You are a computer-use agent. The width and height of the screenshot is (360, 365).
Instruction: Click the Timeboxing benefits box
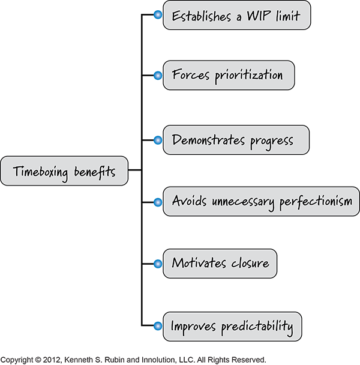(64, 172)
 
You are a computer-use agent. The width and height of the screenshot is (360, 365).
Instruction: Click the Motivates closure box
(220, 264)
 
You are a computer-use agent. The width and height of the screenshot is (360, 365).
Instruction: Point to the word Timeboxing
(44, 172)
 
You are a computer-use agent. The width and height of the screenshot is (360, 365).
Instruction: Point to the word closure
(247, 264)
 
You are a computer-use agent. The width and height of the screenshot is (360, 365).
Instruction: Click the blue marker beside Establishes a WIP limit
(157, 15)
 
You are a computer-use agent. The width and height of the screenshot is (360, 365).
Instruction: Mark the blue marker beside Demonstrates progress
(157, 139)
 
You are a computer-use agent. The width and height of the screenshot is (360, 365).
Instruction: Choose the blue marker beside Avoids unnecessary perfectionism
(157, 201)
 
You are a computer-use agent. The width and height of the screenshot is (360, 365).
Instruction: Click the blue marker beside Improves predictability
(157, 327)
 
